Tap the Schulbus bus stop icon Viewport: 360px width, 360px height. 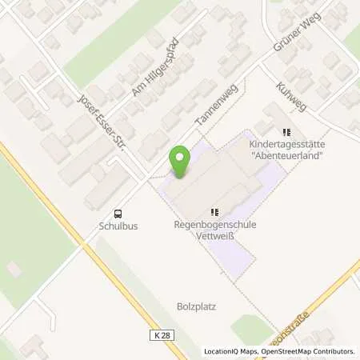coord(118,214)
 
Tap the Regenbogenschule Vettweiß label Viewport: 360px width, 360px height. coord(214,230)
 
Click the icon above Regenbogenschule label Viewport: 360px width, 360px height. coord(214,212)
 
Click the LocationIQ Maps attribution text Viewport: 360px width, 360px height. coord(232,351)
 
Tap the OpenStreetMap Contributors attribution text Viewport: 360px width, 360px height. coord(307,351)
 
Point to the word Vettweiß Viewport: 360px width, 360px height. coord(214,236)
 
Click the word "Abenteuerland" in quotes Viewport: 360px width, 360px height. coord(288,156)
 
